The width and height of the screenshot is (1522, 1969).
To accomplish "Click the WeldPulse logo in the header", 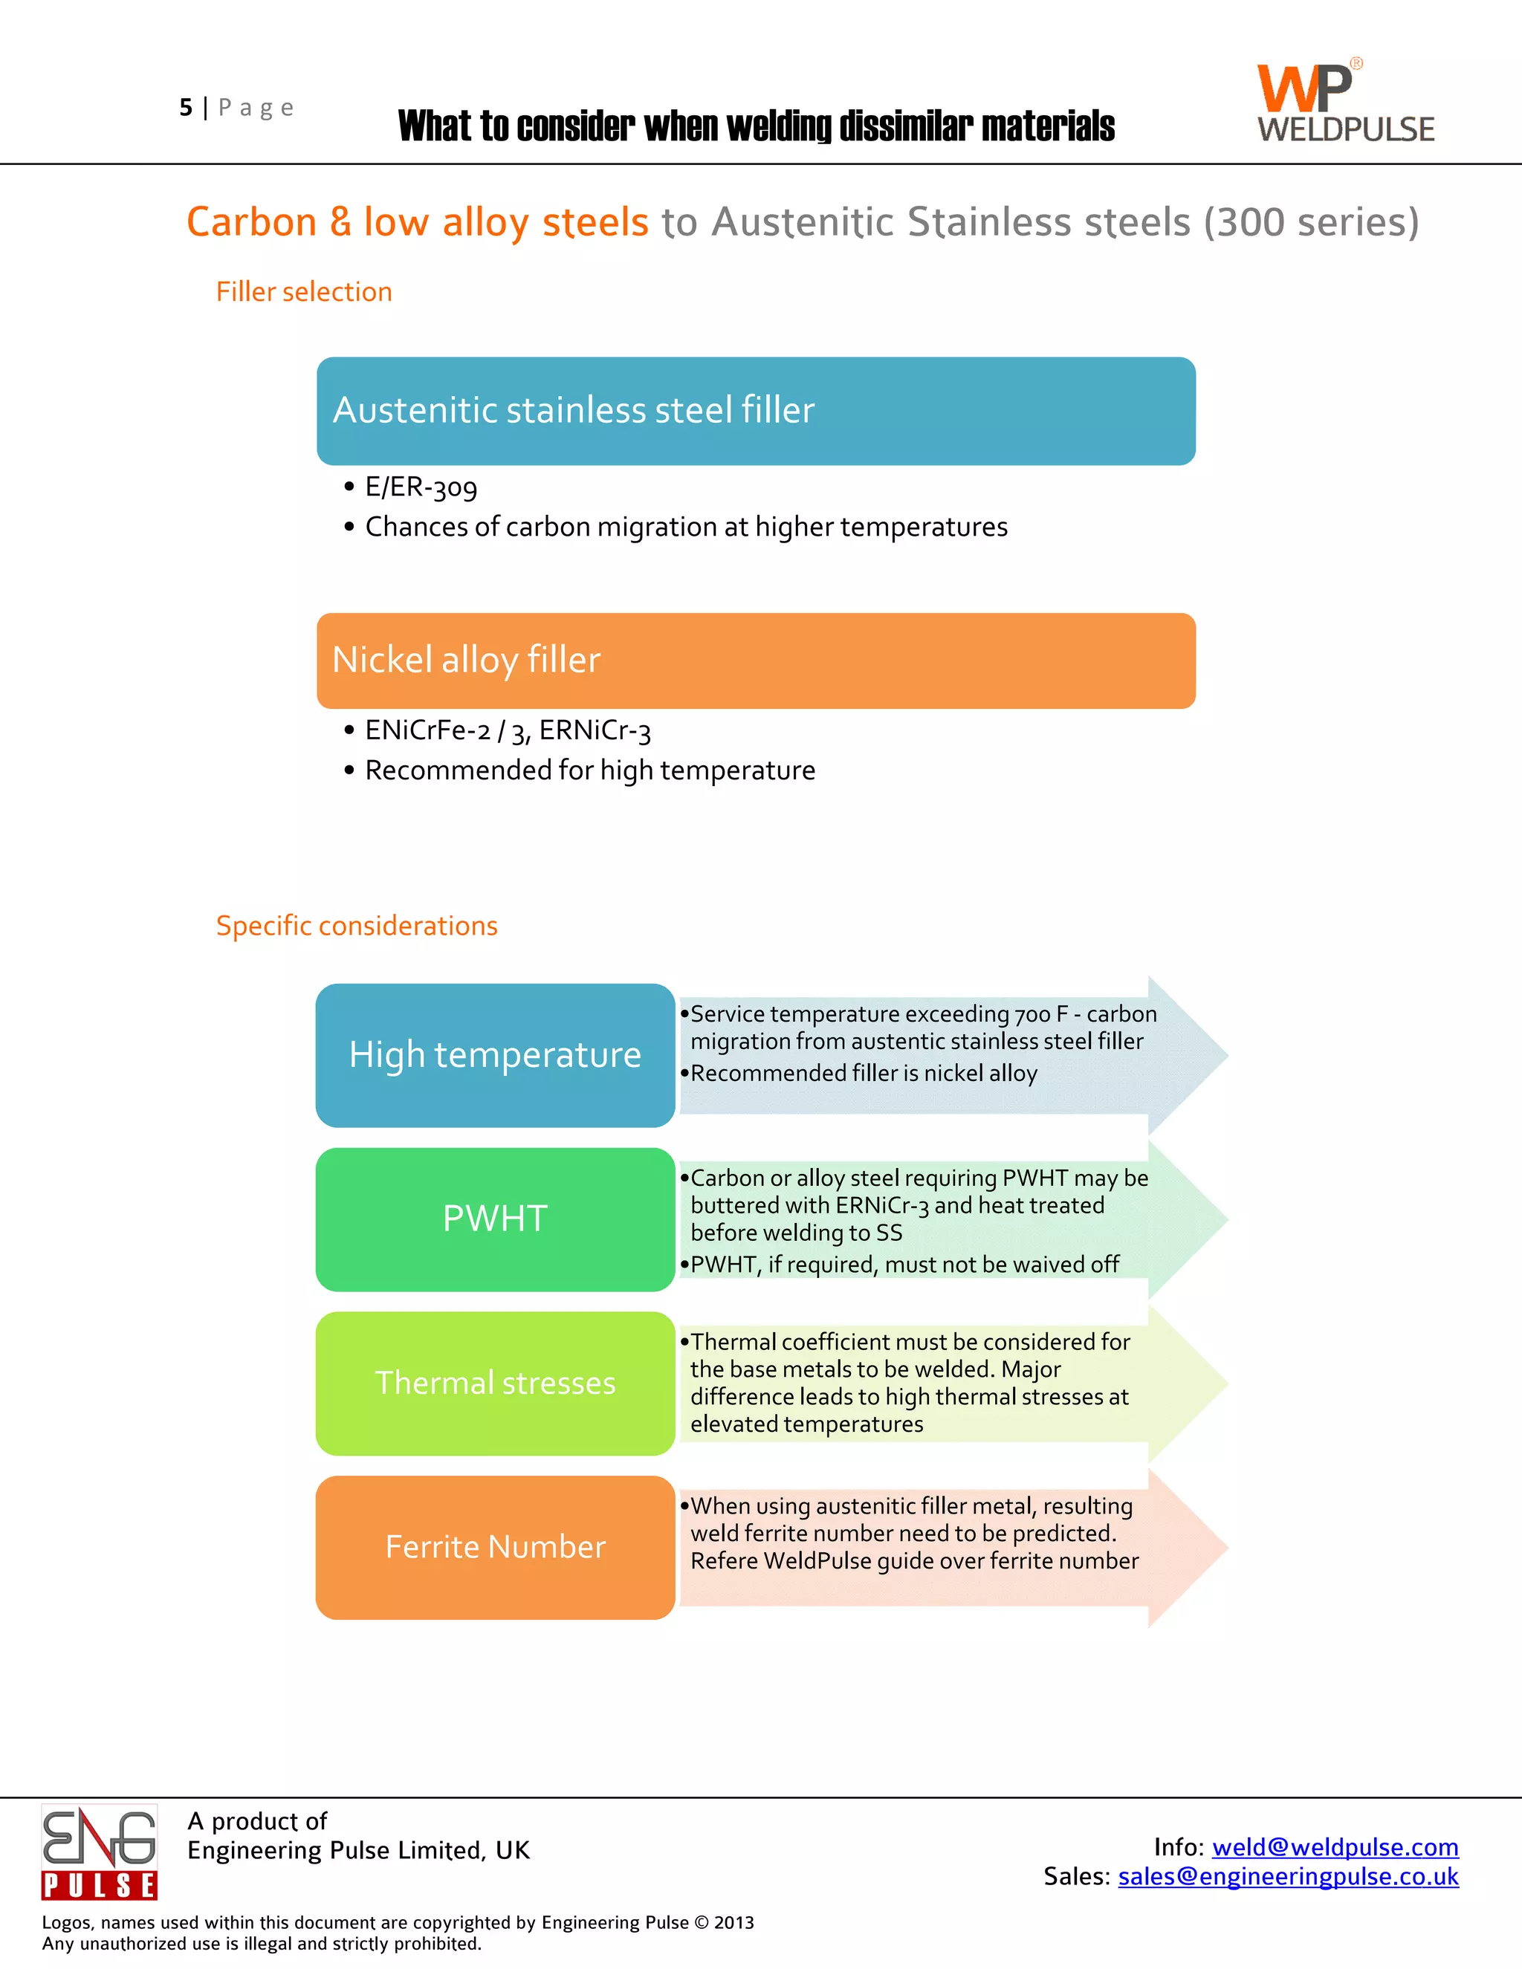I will [1345, 102].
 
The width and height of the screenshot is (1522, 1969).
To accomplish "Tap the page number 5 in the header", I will [186, 108].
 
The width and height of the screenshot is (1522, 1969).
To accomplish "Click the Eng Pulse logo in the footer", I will [99, 1851].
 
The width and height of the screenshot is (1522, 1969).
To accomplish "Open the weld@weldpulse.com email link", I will [1335, 1846].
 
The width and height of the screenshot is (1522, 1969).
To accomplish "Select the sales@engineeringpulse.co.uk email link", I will [1288, 1876].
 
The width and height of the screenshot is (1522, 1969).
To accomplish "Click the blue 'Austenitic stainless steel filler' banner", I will [756, 411].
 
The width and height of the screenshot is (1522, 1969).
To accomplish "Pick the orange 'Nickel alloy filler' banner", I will [756, 661].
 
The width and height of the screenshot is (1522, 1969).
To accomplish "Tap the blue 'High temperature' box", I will [495, 1055].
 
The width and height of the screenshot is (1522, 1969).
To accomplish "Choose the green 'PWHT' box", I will [495, 1219].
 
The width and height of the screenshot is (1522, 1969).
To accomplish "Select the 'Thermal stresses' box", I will [495, 1383].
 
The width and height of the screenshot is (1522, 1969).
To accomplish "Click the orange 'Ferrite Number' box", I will [495, 1547].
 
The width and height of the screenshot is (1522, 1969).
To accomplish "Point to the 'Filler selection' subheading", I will [304, 292].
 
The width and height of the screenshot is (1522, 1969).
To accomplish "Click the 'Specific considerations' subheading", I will [356, 926].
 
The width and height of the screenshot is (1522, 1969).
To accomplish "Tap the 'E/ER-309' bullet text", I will [421, 487].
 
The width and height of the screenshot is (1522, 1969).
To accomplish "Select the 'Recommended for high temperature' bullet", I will [589, 771].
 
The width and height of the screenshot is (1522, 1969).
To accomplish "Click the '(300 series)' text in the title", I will [1311, 223].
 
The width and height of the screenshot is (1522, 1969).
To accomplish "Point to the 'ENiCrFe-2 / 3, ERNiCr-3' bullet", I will [508, 731].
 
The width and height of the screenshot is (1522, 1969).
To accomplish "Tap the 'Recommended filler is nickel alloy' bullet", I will [864, 1074].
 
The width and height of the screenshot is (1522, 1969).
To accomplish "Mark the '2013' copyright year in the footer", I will [734, 1922].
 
